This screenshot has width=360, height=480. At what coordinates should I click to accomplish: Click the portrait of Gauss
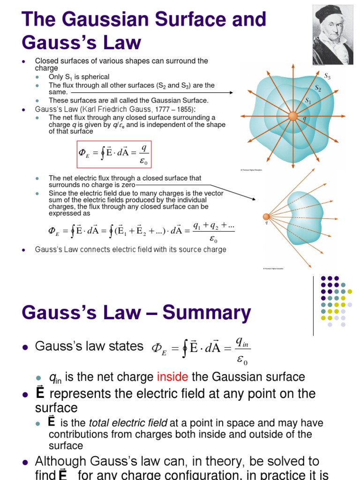[x=333, y=35]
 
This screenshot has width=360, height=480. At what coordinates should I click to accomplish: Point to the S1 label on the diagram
[x=308, y=100]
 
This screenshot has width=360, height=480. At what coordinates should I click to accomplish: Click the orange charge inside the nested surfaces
[x=292, y=116]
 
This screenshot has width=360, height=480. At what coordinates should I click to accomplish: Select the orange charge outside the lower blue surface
[x=266, y=217]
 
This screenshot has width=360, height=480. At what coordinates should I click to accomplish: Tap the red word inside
[x=171, y=377]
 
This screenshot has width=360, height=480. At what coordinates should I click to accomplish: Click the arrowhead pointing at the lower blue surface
[x=255, y=200]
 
